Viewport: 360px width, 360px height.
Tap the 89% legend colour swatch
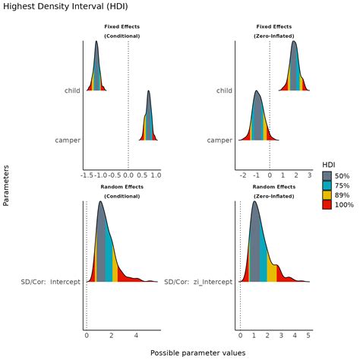coord(327,194)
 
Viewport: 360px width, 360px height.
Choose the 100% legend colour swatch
coord(327,204)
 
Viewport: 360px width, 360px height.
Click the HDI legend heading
coord(329,164)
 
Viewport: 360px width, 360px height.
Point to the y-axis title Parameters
coord(7,187)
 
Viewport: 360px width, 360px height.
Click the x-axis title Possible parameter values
coord(197,353)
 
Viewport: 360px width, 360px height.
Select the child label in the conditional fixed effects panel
coord(73,91)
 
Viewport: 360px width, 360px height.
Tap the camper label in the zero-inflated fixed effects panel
coord(219,140)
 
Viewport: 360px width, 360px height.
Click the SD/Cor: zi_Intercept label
coord(197,282)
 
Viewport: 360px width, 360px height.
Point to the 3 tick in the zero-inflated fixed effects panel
coord(309,175)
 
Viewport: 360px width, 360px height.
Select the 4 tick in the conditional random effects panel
coord(136,335)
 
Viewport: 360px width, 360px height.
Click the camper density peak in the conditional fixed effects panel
coord(149,93)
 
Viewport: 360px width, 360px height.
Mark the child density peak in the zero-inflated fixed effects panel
coord(294,43)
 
